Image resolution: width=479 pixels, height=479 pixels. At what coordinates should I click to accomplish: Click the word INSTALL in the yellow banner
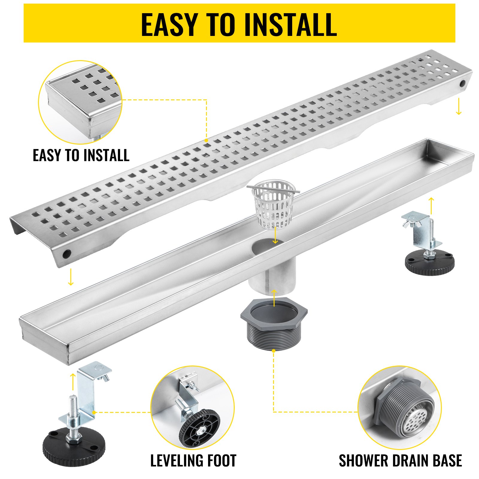290,25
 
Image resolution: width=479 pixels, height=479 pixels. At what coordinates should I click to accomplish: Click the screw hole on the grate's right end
463,84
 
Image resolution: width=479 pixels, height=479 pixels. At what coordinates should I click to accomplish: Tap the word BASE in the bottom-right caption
446,461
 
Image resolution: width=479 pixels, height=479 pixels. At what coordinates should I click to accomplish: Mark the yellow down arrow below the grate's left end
71,277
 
